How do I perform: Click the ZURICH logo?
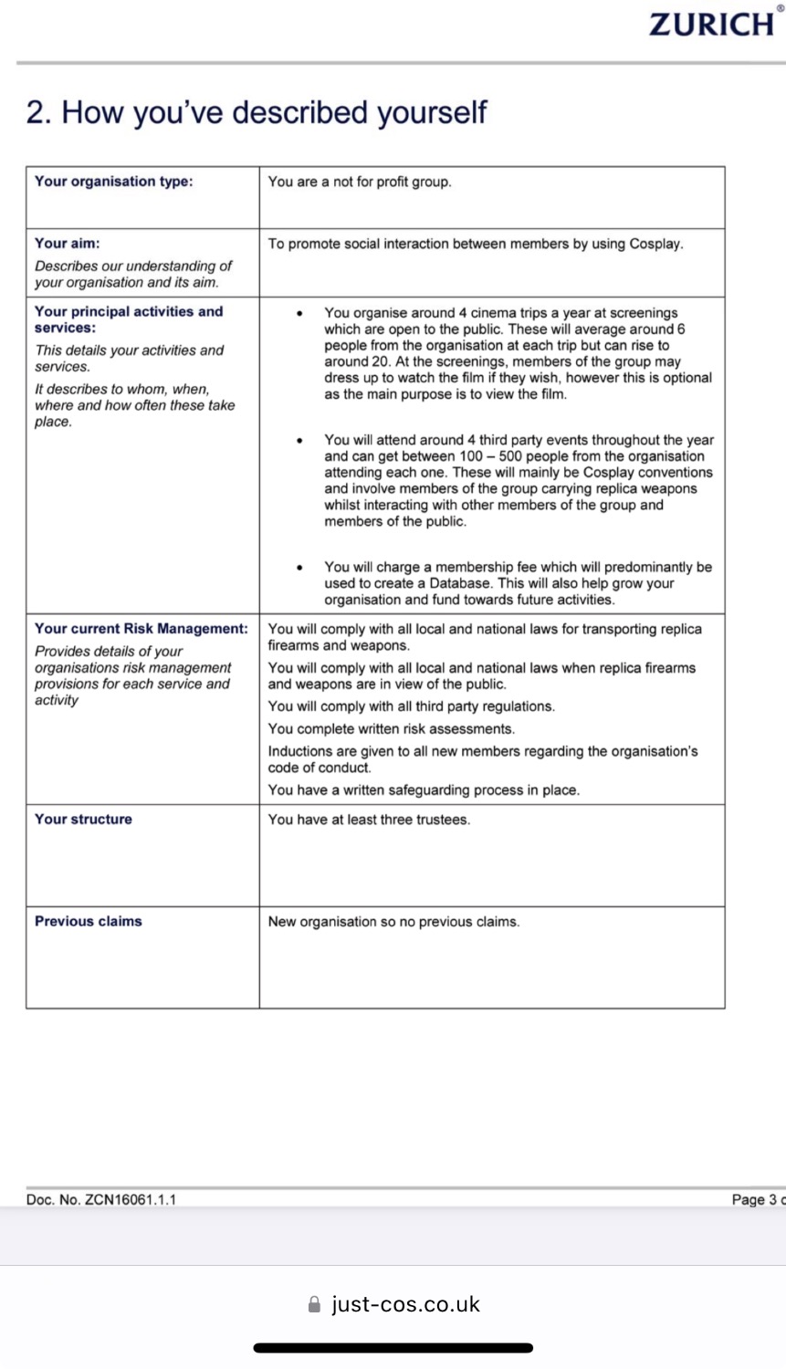pos(713,24)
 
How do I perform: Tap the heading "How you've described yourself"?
pos(257,113)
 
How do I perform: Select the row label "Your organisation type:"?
pos(114,182)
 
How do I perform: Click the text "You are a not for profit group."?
pos(360,183)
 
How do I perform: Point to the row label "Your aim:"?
pos(68,244)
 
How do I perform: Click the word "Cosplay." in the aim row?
pos(656,245)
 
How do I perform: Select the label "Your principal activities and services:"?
pos(129,319)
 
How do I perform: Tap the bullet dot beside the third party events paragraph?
pos(299,441)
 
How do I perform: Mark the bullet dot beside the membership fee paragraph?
pos(299,568)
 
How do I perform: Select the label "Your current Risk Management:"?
pos(141,629)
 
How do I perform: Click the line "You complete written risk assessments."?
pos(392,729)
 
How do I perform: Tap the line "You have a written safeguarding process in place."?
pos(424,790)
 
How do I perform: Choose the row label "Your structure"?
pos(83,820)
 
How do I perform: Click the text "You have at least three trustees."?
pos(369,820)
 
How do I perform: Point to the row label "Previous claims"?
pos(89,922)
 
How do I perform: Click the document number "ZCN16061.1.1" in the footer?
pos(131,1200)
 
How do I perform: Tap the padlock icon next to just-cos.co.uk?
pos(315,1305)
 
